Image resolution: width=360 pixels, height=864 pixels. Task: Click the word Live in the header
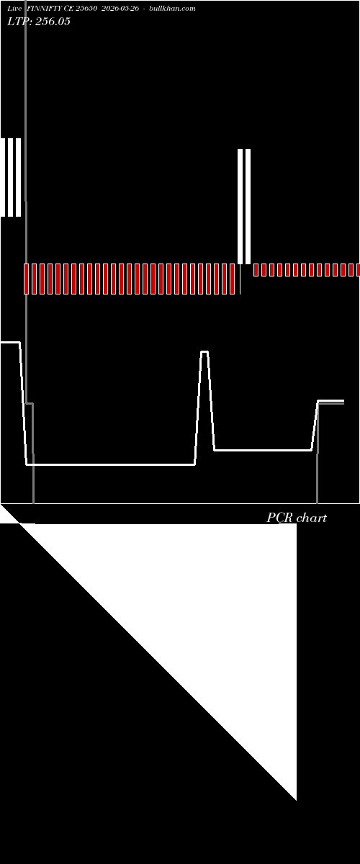pyautogui.click(x=14, y=9)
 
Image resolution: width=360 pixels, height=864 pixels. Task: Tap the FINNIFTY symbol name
pyautogui.click(x=45, y=9)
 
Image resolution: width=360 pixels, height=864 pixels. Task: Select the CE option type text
pyautogui.click(x=68, y=9)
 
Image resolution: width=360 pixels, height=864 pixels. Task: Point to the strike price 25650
pyautogui.click(x=86, y=9)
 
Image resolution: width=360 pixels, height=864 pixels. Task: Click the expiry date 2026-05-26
pyautogui.click(x=120, y=9)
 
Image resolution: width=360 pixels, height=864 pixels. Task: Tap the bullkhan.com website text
pyautogui.click(x=172, y=9)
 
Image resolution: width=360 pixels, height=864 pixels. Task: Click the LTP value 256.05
pyautogui.click(x=53, y=21)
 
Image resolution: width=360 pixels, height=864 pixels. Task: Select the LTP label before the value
pyautogui.click(x=19, y=21)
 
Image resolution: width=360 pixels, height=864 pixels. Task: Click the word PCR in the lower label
pyautogui.click(x=280, y=518)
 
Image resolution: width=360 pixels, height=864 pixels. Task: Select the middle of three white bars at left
pyautogui.click(x=10, y=177)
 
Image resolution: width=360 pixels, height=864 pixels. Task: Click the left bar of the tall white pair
pyautogui.click(x=240, y=207)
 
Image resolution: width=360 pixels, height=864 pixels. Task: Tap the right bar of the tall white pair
pyautogui.click(x=248, y=207)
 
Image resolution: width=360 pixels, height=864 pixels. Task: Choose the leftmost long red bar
pyautogui.click(x=26, y=279)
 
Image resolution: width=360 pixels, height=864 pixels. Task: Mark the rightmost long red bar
pyautogui.click(x=232, y=279)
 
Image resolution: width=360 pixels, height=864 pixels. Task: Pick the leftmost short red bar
pyautogui.click(x=256, y=270)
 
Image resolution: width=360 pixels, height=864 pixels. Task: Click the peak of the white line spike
pyautogui.click(x=204, y=351)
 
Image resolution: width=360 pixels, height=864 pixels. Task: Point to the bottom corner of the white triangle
pyautogui.click(x=297, y=801)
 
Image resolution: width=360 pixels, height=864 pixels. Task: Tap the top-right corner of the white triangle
pyautogui.click(x=297, y=524)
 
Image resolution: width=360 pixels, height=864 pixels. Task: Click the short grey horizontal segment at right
pyautogui.click(x=330, y=403)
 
